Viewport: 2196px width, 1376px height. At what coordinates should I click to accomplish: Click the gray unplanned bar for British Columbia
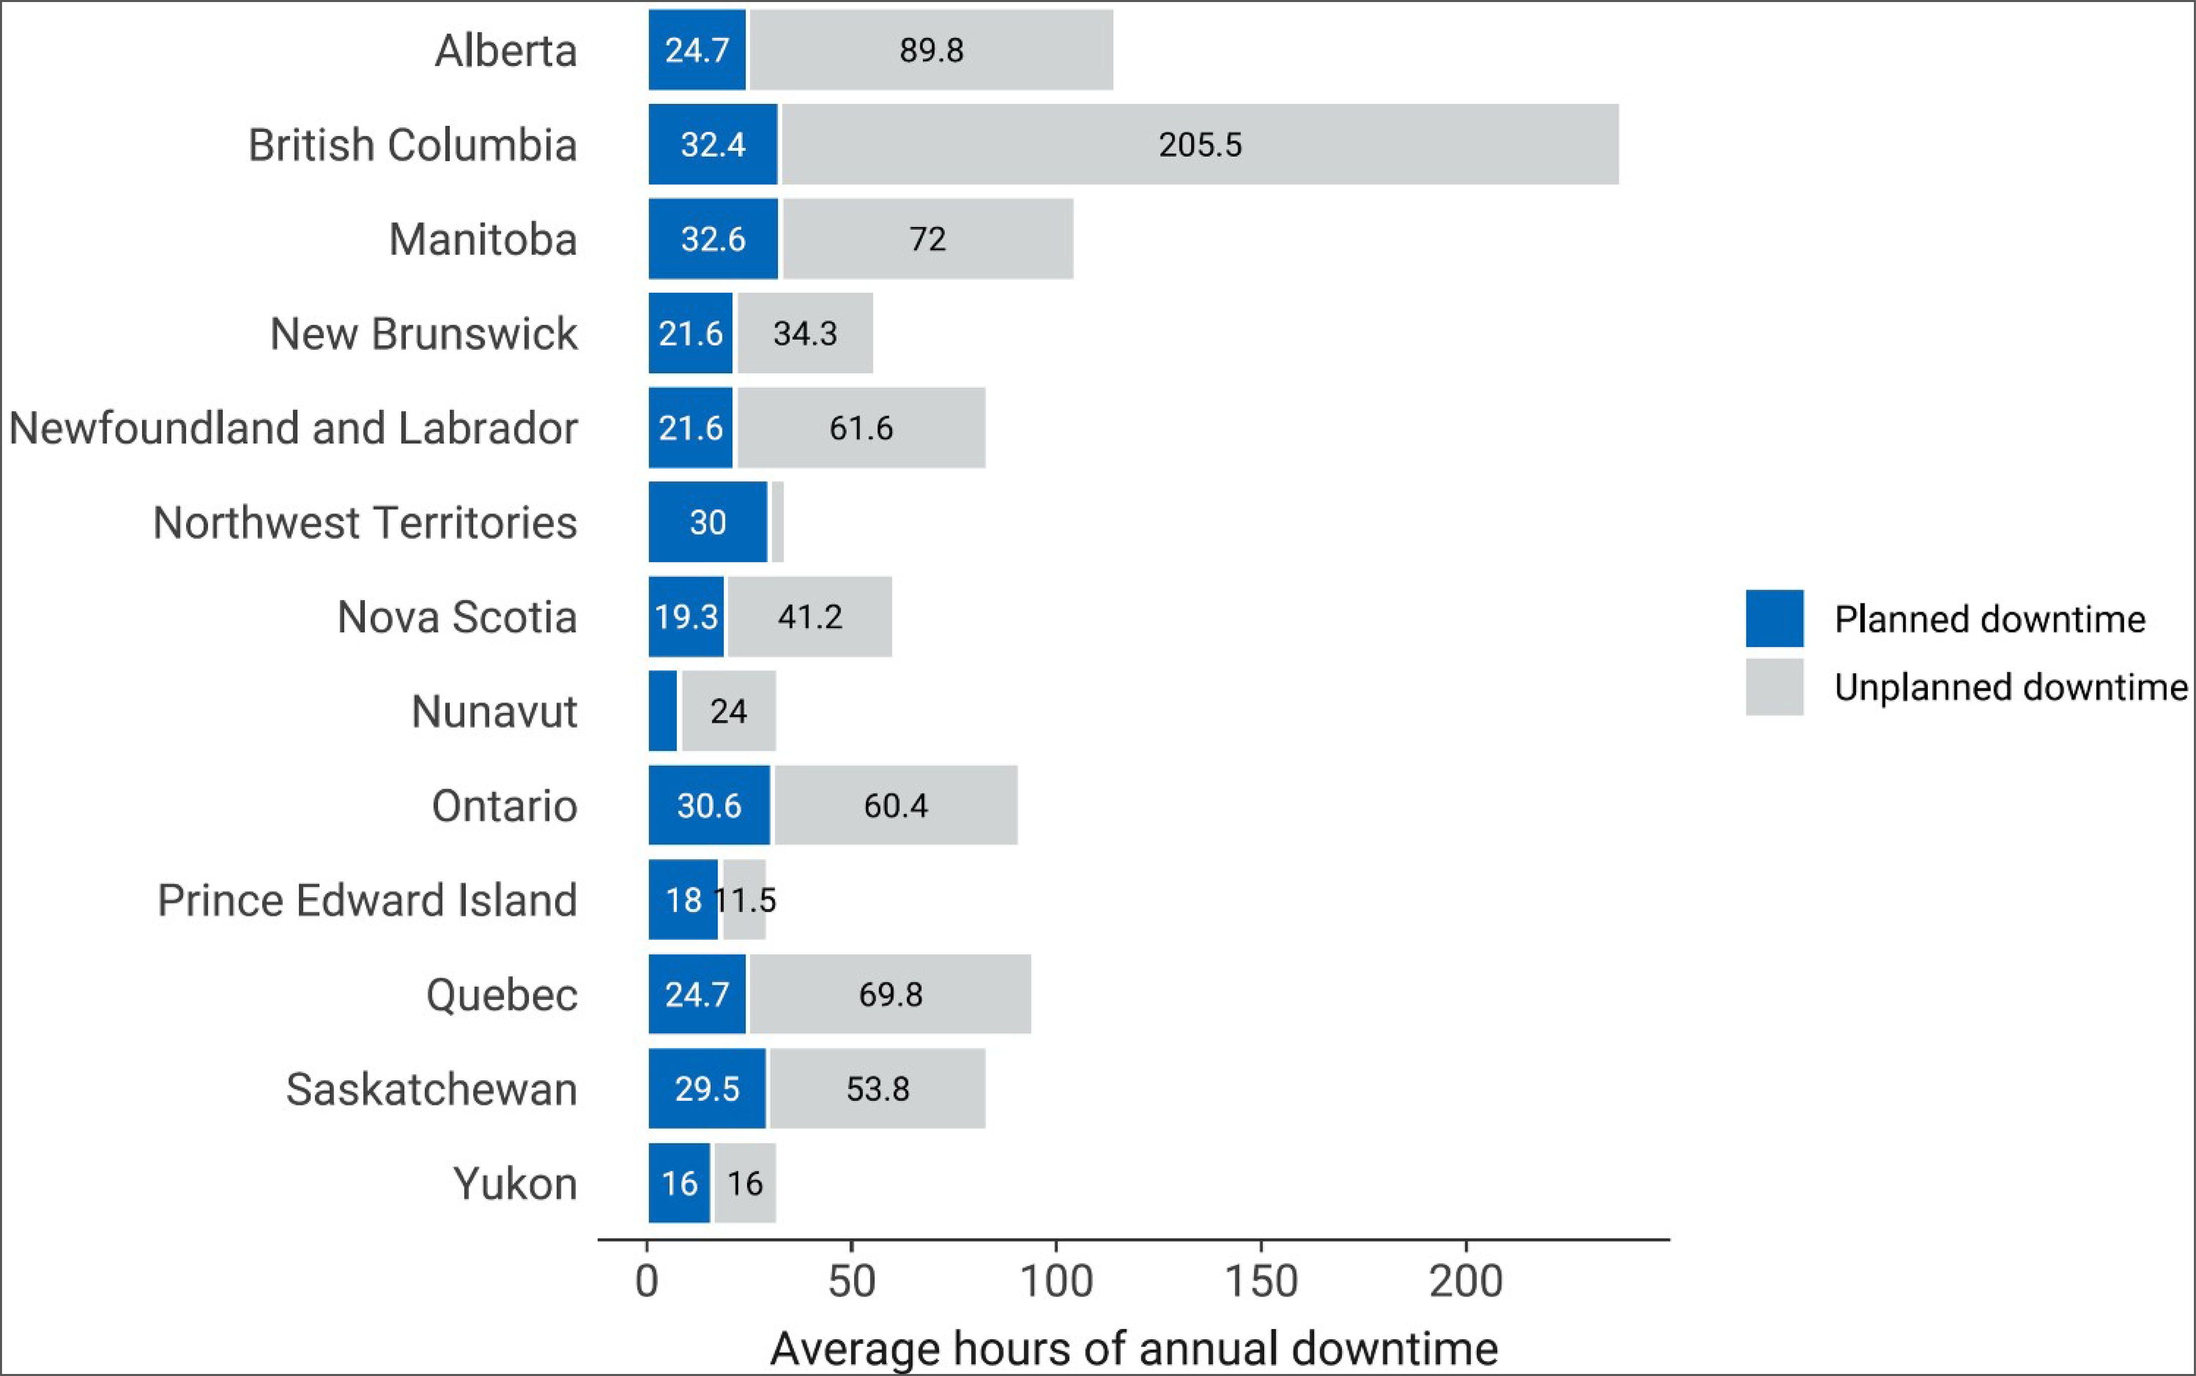[1199, 145]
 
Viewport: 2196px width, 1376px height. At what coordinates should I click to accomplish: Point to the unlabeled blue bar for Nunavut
[662, 711]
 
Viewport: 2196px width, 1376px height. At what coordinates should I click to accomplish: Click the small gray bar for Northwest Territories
[777, 522]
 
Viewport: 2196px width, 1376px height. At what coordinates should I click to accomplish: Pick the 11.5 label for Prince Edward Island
[746, 900]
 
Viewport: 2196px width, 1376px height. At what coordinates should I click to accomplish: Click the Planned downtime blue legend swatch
[1774, 619]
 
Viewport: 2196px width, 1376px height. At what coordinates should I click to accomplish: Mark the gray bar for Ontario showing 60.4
[895, 806]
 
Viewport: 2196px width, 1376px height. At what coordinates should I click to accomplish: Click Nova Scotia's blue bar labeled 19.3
[686, 617]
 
